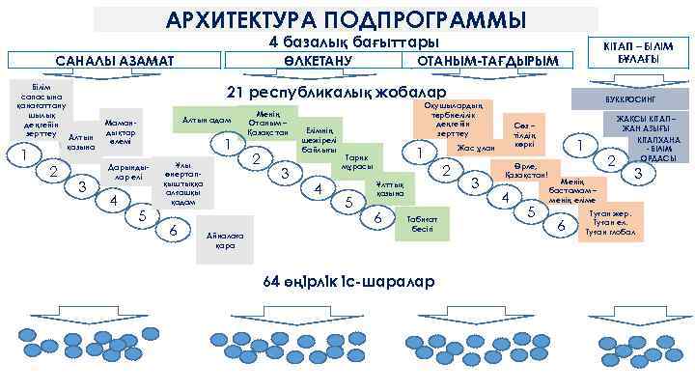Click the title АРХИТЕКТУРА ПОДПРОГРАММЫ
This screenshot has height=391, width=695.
click(347, 19)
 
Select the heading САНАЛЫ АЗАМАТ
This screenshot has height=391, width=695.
click(115, 62)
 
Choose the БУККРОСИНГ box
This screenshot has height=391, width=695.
click(633, 99)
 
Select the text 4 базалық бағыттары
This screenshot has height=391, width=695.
click(354, 42)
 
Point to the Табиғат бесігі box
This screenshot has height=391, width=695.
click(423, 225)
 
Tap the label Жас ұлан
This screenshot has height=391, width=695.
click(475, 149)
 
